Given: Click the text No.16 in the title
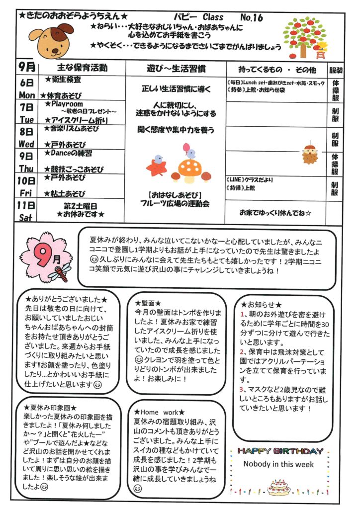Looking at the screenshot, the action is point(252,17).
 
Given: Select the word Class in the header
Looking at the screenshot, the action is point(213,17).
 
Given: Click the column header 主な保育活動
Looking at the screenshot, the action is point(82,68).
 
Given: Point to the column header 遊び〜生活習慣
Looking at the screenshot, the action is point(176,69).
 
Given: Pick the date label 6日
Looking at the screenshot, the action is point(27,83).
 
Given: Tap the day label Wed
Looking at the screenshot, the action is point(26,144).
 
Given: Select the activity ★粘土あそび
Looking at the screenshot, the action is point(65,194).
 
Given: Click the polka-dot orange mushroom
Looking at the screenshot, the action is point(190,170).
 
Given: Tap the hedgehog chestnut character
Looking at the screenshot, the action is point(310,154).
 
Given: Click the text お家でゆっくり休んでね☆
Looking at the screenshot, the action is point(275,213).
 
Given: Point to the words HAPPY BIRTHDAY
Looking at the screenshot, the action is point(280,451).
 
